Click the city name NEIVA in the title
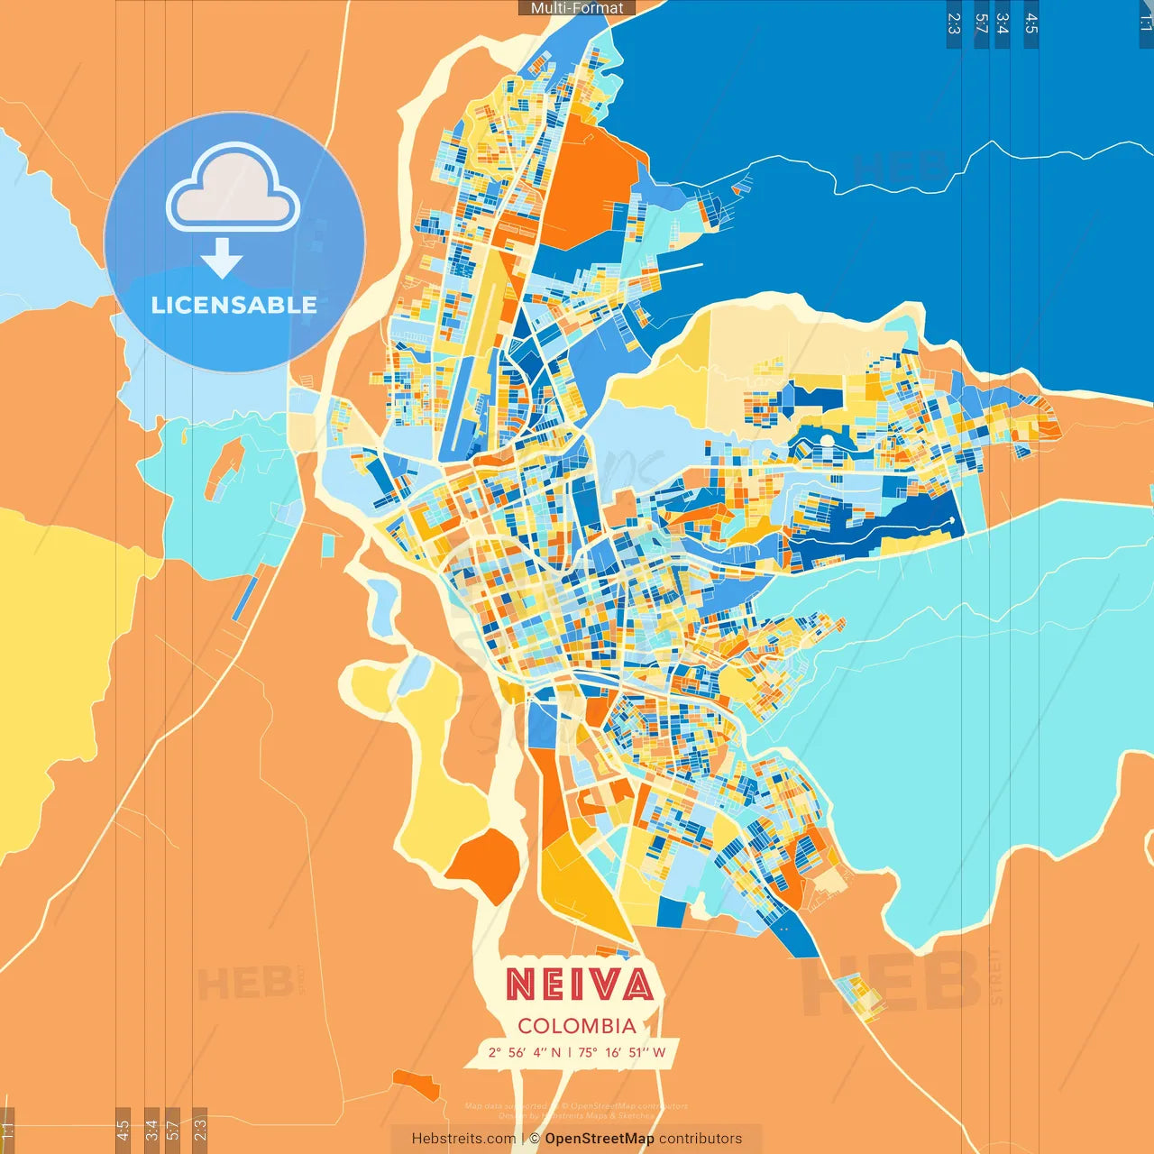pos(579,984)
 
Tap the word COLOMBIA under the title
pos(577,1026)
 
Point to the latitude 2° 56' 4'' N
pos(524,1052)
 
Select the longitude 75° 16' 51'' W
pos(622,1052)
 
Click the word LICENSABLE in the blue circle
pos(234,305)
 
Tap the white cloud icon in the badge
pos(234,190)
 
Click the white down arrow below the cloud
pos(222,258)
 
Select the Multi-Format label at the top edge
pos(577,8)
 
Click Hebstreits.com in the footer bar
pos(463,1139)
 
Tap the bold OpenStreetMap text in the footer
pos(600,1139)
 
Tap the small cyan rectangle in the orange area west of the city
pos(328,545)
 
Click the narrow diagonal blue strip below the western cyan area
pos(244,600)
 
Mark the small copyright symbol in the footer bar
pos(535,1139)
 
